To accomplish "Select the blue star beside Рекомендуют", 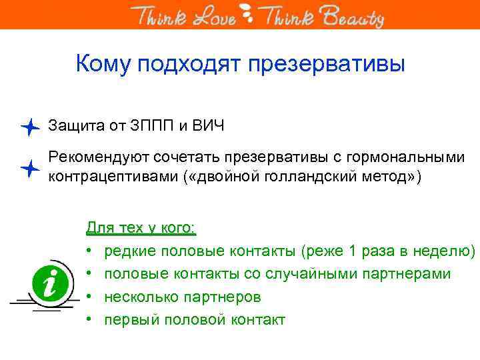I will (x=30, y=169).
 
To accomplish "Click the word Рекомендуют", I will (x=99, y=158).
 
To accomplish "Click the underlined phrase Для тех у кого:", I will (x=141, y=228).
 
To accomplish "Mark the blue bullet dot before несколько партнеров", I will (x=89, y=297).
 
